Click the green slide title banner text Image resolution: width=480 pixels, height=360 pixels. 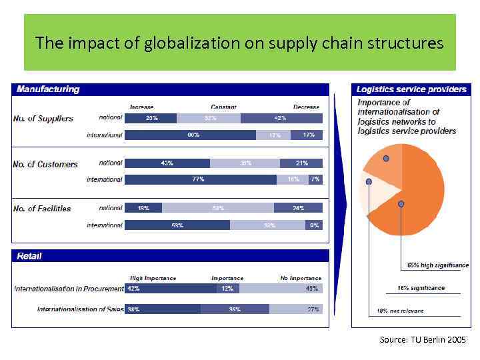239,43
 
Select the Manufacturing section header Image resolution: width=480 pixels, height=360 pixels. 48,89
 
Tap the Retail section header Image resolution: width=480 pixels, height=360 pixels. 29,256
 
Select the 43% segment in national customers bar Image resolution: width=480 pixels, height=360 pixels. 167,163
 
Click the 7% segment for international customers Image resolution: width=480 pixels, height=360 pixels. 315,179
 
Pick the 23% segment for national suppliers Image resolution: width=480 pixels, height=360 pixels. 151,118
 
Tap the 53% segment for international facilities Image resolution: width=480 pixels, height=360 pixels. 177,225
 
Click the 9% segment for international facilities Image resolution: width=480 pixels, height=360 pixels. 314,225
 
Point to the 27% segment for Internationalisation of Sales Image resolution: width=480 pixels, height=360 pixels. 295,309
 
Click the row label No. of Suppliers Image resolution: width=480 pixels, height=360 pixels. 43,119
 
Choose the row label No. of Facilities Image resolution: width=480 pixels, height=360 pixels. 42,209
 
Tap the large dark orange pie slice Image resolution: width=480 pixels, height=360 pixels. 417,193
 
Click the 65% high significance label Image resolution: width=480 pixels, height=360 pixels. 438,265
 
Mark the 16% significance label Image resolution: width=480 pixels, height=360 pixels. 421,288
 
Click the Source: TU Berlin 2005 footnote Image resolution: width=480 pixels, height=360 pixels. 423,340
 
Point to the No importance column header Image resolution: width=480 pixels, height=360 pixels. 301,278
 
